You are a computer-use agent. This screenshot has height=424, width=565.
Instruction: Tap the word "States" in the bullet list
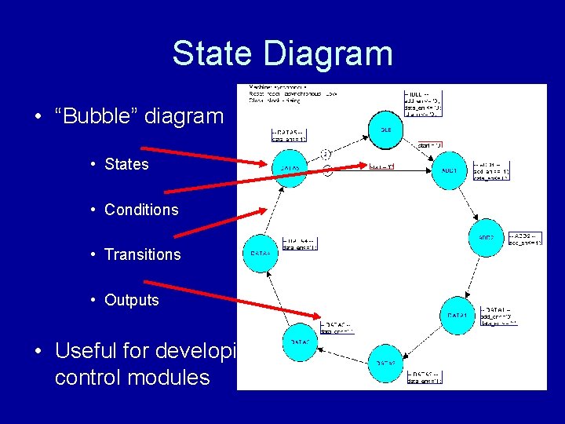coord(126,164)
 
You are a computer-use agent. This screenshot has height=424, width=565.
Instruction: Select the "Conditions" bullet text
coord(141,210)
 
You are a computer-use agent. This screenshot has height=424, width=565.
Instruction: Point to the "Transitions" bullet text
coord(142,254)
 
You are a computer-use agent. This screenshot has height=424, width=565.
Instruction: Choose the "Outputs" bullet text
coord(131,300)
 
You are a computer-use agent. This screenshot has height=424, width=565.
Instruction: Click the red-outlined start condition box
coord(381,166)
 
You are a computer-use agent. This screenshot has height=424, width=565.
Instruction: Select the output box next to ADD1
coord(492,170)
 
